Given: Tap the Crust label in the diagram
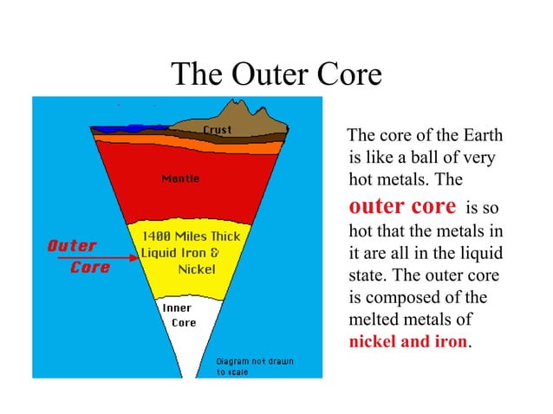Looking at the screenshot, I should pos(217,130).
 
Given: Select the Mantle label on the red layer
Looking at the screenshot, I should pos(180,178).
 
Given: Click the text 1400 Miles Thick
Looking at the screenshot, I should pos(185,236).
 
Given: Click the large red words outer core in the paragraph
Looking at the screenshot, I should pos(401,207).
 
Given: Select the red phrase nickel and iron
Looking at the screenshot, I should pos(407,340).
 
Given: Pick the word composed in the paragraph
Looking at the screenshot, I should pos(402,297).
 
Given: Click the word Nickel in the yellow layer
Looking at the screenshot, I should pos(195,269).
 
